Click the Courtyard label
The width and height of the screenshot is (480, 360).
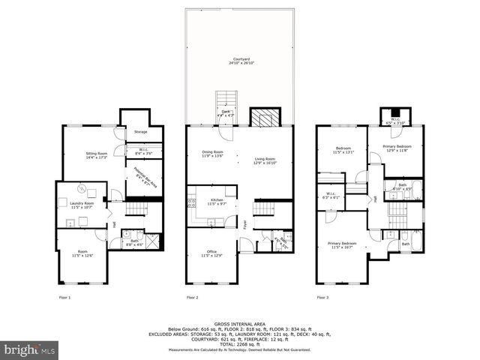click(x=240, y=60)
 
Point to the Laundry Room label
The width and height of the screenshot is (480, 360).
click(x=82, y=205)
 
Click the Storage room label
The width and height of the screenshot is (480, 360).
click(x=140, y=132)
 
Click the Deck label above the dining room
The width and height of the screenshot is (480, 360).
click(x=226, y=113)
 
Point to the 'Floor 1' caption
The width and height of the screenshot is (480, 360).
click(x=65, y=298)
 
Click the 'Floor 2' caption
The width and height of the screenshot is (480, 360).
click(x=192, y=298)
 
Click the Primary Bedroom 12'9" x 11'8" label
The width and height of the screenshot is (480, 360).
click(x=396, y=148)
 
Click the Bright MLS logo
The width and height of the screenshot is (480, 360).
click(x=30, y=349)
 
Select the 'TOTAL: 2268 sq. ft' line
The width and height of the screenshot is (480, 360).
click(x=240, y=344)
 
